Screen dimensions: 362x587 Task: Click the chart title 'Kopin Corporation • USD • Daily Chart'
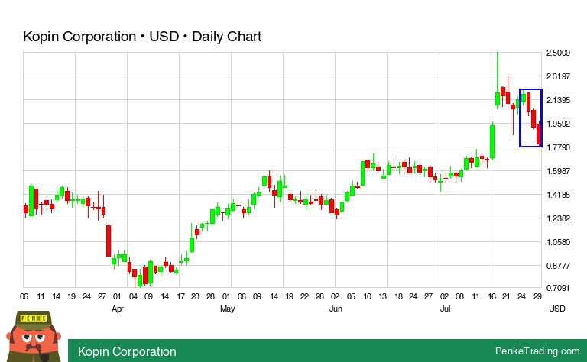[142, 37]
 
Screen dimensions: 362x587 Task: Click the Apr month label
[117, 309]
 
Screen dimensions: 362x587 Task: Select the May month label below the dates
[227, 309]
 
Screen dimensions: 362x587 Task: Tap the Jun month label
[336, 309]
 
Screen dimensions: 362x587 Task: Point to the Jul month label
[443, 309]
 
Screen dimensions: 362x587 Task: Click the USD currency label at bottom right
[556, 309]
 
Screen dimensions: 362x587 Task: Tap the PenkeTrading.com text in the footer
[537, 351]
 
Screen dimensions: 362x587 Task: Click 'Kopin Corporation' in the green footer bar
[127, 352]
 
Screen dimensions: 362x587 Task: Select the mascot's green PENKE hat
[33, 318]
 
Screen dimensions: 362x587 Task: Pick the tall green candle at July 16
[492, 141]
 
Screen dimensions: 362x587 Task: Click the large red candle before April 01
[109, 241]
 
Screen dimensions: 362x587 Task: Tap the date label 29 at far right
[537, 296]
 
